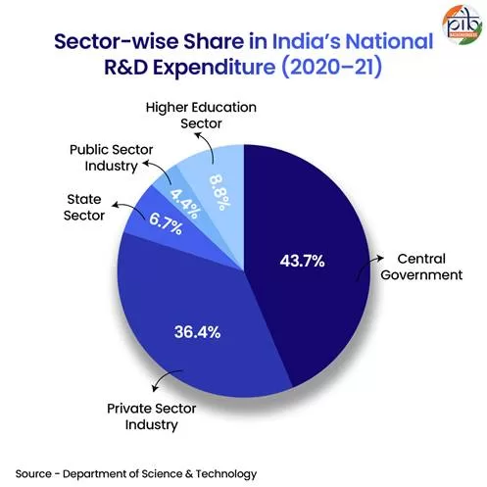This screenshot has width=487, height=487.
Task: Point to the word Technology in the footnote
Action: tap(226, 473)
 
